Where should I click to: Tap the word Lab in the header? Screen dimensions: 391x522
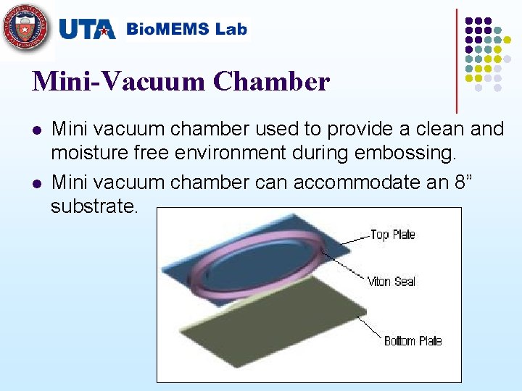[x=231, y=30]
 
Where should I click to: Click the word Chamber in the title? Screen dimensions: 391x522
[x=272, y=82]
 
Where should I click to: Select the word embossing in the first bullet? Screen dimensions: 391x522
[x=410, y=154]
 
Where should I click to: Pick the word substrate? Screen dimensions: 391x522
[x=94, y=206]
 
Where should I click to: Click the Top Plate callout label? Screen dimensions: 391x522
[x=392, y=235]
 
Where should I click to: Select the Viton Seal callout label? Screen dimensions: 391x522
[x=391, y=281]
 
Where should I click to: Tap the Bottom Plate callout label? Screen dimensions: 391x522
[x=413, y=341]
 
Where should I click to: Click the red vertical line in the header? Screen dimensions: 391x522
[x=457, y=58]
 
